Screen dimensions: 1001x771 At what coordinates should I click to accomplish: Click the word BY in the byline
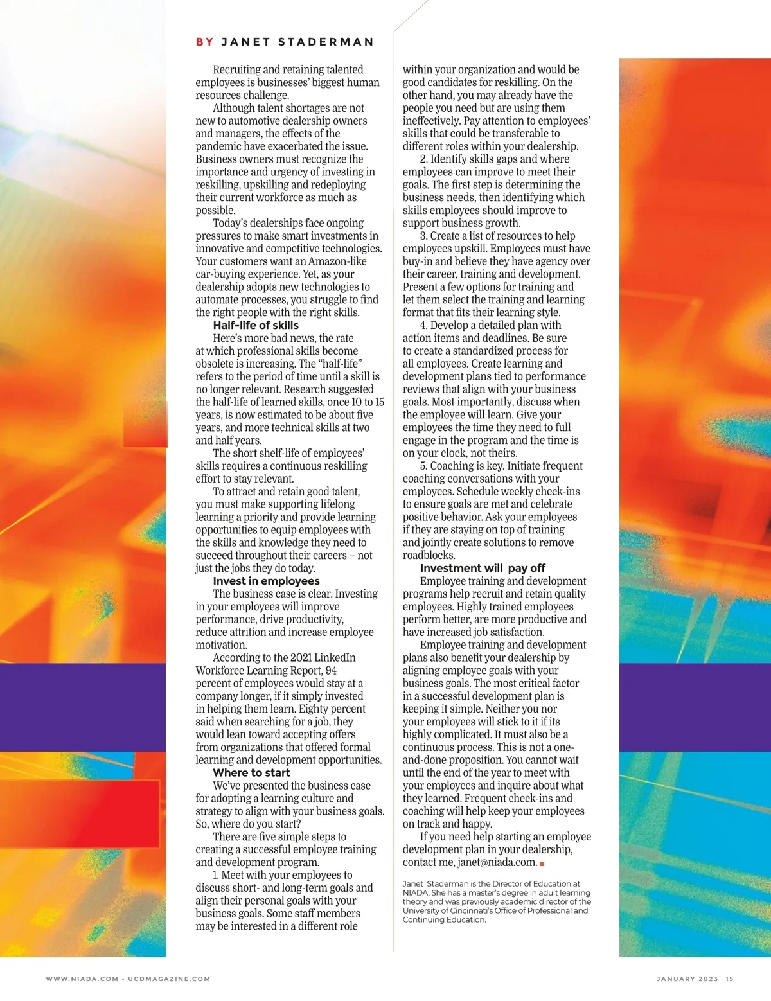point(204,42)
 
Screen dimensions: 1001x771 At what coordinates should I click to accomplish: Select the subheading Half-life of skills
point(256,325)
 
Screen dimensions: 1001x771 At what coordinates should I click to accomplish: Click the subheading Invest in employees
point(257,581)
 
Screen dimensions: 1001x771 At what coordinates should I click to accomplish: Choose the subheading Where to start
point(251,772)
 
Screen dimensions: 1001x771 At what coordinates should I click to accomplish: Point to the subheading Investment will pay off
point(483,568)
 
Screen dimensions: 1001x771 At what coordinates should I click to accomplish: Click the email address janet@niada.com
point(497,862)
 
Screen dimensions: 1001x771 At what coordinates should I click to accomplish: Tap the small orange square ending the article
point(542,864)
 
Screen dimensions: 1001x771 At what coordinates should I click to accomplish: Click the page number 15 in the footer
point(729,979)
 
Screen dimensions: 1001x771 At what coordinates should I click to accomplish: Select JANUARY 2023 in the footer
point(687,979)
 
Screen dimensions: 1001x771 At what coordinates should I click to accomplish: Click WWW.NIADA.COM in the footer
point(82,979)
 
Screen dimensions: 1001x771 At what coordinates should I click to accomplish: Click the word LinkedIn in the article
point(335,657)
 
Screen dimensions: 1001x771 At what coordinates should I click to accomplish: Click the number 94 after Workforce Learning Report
point(331,670)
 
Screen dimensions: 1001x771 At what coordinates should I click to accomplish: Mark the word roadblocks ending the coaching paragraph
point(429,555)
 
